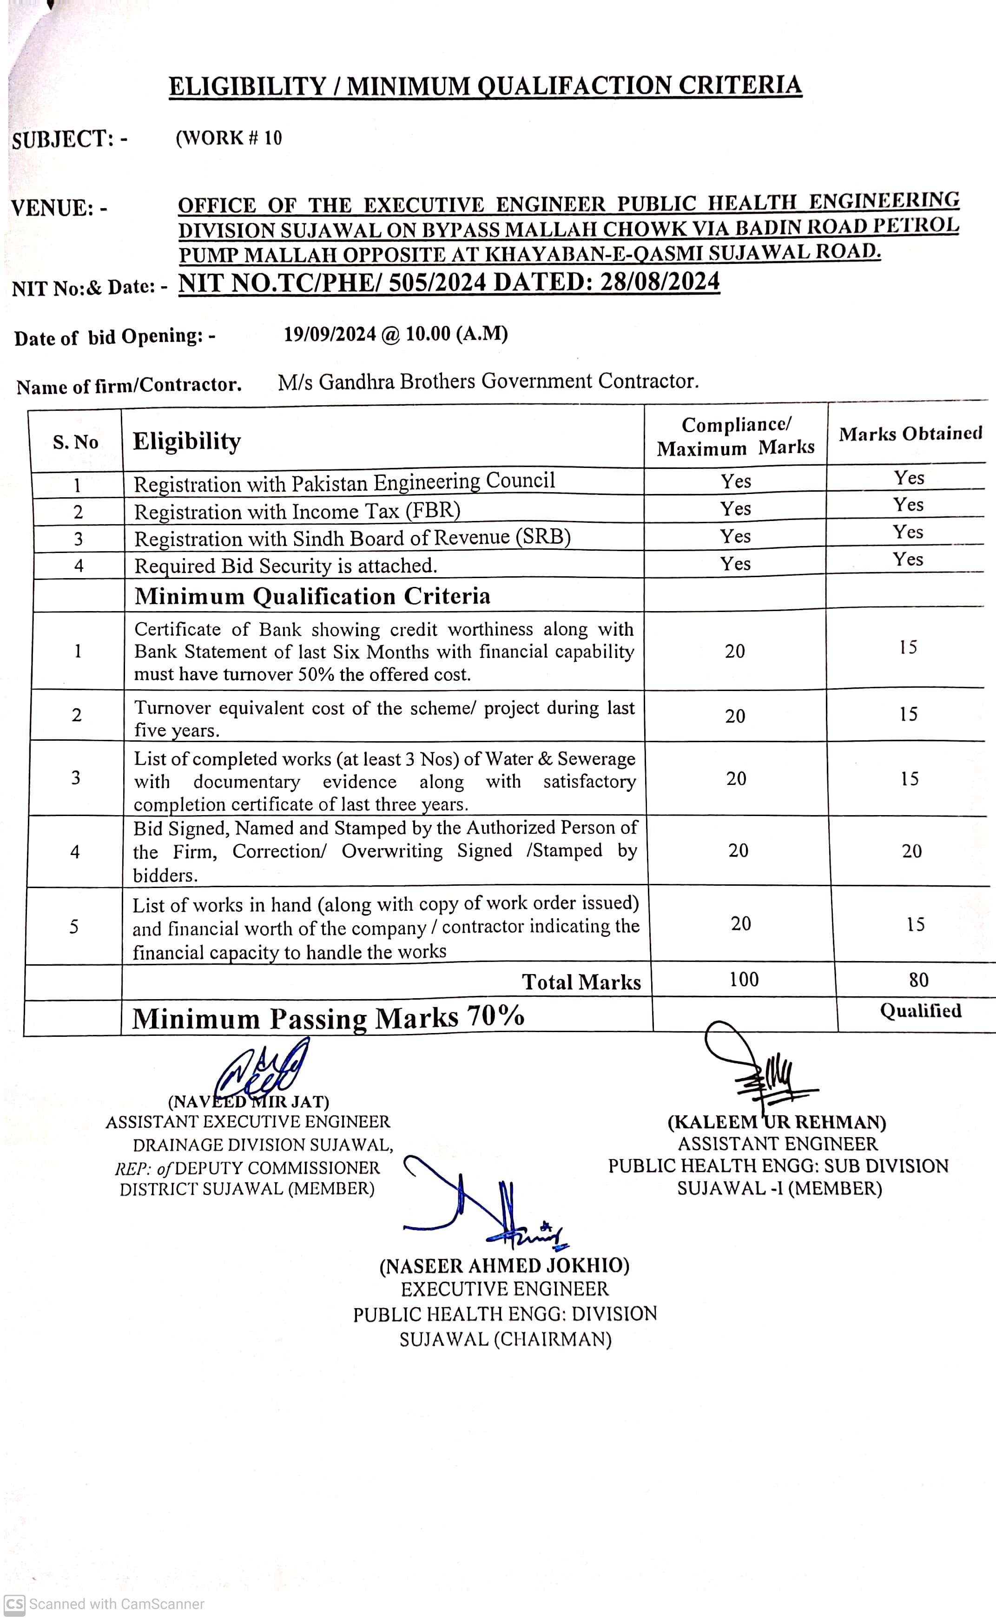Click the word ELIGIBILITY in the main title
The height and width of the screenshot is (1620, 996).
(x=247, y=87)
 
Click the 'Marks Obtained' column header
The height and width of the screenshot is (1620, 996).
(x=910, y=433)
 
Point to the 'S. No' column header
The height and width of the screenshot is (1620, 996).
(x=76, y=442)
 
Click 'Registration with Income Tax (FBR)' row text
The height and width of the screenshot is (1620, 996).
(x=297, y=512)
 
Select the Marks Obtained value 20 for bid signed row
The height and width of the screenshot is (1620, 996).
(x=912, y=851)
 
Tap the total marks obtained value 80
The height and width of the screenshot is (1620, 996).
(x=918, y=980)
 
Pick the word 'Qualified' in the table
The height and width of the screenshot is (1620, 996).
(x=920, y=1011)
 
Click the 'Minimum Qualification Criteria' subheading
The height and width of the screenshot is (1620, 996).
(x=312, y=596)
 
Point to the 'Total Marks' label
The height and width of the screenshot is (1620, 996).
(x=581, y=982)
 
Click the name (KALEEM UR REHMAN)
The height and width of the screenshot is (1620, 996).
(x=777, y=1122)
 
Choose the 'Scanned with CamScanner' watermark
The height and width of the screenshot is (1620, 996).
(x=106, y=1604)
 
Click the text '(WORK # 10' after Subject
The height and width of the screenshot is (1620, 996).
(x=229, y=138)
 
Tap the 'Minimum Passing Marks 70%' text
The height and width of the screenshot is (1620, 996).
(x=328, y=1017)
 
